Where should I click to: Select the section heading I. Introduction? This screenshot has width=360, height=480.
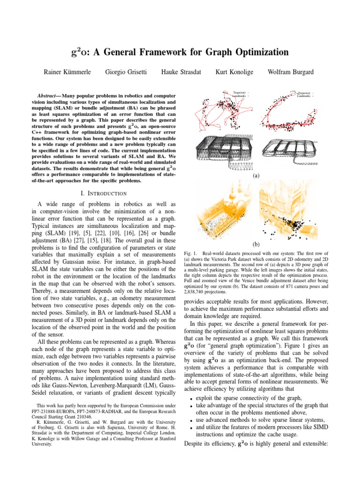104,193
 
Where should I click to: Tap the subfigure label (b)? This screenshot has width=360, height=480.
255,245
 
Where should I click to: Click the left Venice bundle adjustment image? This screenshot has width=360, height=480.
221,209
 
